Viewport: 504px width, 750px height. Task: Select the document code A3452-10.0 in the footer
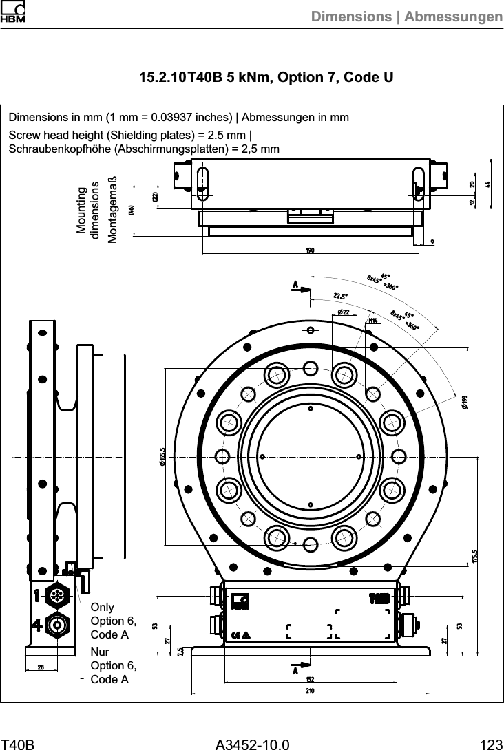[x=252, y=744]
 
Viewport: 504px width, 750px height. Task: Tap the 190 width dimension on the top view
[x=310, y=250]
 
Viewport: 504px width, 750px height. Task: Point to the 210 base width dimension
[x=310, y=690]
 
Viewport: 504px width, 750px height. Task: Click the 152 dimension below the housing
[x=310, y=679]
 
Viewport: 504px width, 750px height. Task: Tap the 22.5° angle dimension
[x=340, y=295]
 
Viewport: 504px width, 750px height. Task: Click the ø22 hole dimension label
[x=344, y=313]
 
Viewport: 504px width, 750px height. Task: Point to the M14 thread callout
[x=372, y=320]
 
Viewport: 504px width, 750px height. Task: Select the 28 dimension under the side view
[x=41, y=667]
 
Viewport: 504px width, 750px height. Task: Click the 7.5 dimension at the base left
[x=180, y=651]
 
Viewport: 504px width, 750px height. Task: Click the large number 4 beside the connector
[x=35, y=625]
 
